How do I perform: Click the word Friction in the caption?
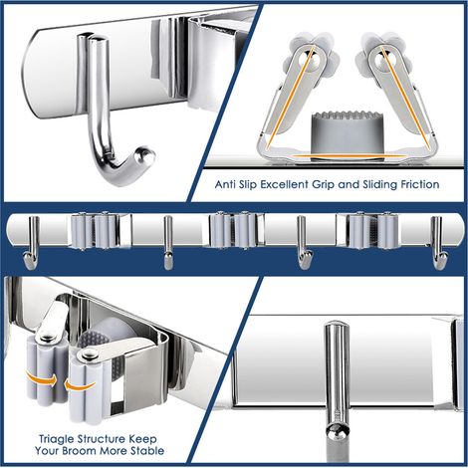(420, 184)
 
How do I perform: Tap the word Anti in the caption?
(225, 184)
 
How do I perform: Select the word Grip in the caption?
(324, 184)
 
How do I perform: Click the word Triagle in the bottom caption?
(56, 439)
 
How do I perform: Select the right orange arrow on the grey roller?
(80, 385)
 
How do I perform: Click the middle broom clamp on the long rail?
(236, 230)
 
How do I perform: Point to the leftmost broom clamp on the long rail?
(100, 230)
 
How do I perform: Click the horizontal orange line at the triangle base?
(351, 155)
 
